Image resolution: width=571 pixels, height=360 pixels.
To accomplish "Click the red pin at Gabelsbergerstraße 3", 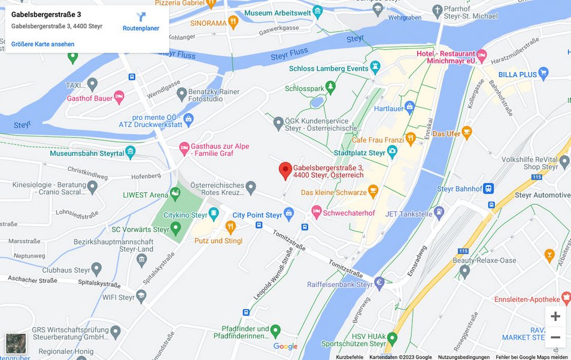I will click(x=285, y=170).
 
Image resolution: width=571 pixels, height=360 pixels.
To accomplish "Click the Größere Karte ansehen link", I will click(x=43, y=44).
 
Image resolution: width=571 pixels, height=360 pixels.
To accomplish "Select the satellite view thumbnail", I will click(x=16, y=344).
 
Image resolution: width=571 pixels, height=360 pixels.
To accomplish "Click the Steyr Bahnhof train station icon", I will click(x=488, y=189).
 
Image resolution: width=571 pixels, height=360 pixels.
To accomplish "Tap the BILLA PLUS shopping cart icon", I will click(x=543, y=74).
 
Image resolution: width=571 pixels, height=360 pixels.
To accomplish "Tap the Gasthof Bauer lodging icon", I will click(x=119, y=98).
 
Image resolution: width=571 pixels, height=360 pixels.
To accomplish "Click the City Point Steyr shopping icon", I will click(x=289, y=214).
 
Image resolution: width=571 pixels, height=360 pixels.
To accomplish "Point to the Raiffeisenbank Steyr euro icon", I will click(x=379, y=282).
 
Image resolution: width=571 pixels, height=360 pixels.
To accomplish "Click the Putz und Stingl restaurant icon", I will click(x=230, y=227).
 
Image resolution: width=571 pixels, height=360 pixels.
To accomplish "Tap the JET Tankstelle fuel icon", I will click(x=439, y=211).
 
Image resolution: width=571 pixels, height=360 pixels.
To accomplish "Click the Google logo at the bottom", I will click(x=285, y=346).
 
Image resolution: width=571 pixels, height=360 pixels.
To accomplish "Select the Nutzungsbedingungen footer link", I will click(x=463, y=357).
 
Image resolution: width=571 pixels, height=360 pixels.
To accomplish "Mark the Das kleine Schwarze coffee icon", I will click(x=373, y=192).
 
